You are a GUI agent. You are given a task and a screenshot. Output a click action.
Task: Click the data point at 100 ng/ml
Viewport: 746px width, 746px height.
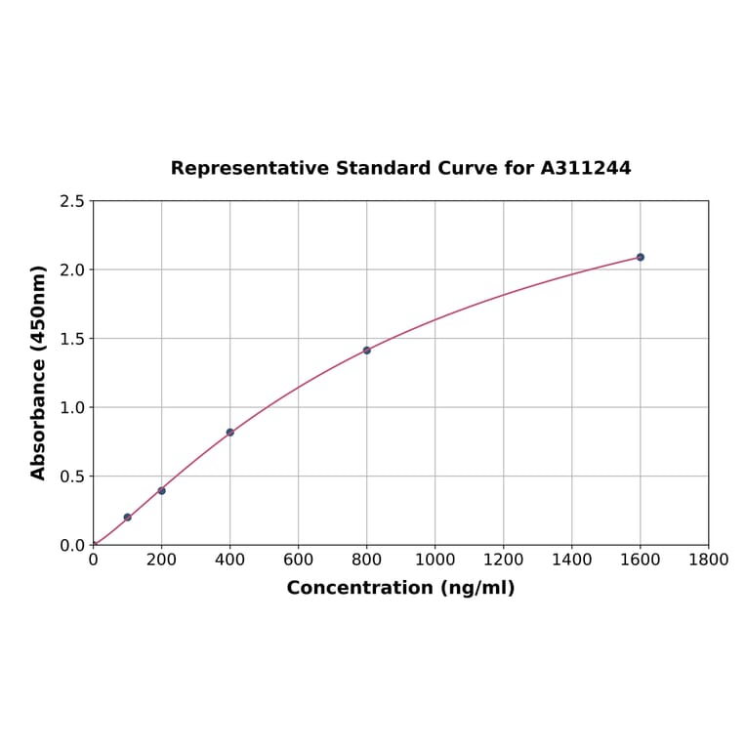click(128, 518)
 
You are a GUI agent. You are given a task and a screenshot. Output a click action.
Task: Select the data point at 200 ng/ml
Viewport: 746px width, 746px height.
click(162, 490)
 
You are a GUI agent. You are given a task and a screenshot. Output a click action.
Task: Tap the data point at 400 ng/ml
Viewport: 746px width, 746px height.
click(230, 432)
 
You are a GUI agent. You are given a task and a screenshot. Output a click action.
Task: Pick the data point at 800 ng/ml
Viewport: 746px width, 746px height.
click(367, 350)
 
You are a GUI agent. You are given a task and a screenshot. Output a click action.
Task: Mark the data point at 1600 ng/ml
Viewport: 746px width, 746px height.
click(641, 257)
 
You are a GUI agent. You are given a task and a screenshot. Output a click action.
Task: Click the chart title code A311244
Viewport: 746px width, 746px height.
click(586, 168)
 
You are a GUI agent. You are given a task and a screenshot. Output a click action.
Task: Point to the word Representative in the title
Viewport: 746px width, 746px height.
click(249, 168)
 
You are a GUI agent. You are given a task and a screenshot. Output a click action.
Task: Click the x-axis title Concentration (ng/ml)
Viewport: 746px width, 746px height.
click(400, 588)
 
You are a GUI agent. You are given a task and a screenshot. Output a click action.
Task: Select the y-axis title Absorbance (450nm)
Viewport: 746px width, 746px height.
click(39, 372)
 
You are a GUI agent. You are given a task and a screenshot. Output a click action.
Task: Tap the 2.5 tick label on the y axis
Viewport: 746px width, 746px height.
click(72, 201)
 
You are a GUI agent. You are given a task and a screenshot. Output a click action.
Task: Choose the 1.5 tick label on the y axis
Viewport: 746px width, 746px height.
click(72, 339)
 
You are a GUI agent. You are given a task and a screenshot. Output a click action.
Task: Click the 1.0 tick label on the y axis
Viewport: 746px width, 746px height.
click(72, 407)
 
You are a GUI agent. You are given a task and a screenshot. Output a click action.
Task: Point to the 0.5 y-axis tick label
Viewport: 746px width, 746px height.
click(72, 477)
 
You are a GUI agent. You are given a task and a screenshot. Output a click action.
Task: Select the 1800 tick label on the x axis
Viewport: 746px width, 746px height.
click(708, 560)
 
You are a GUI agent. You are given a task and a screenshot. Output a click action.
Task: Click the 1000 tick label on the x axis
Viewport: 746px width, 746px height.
click(435, 560)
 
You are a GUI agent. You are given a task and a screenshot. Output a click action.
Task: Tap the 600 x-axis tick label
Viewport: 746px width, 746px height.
click(299, 560)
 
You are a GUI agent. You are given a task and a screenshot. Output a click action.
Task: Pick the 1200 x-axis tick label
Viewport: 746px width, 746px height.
click(503, 560)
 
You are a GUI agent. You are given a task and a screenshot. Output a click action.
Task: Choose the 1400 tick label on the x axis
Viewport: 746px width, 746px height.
click(571, 560)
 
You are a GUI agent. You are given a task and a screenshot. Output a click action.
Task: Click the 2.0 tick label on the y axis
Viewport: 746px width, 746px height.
click(72, 269)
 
